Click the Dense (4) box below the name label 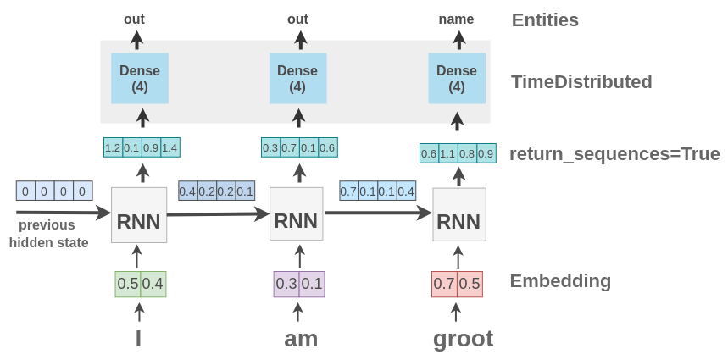pos(457,78)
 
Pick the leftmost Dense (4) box pos(140,78)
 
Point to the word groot pos(463,339)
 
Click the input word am pos(301,339)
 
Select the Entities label pos(545,20)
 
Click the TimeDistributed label pos(581,82)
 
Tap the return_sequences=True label pos(614,154)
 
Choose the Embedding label pos(560,281)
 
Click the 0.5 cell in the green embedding pos(128,284)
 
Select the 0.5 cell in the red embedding pos(470,284)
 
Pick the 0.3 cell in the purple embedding pos(286,284)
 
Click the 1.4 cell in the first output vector pos(169,148)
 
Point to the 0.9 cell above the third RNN pos(486,153)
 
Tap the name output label pos(456,19)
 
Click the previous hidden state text pos(48,234)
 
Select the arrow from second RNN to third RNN pos(377,213)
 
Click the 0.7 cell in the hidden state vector pos(348,191)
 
